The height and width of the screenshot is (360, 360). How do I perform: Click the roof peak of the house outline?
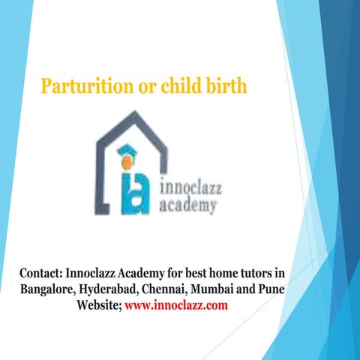pos(136,113)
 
